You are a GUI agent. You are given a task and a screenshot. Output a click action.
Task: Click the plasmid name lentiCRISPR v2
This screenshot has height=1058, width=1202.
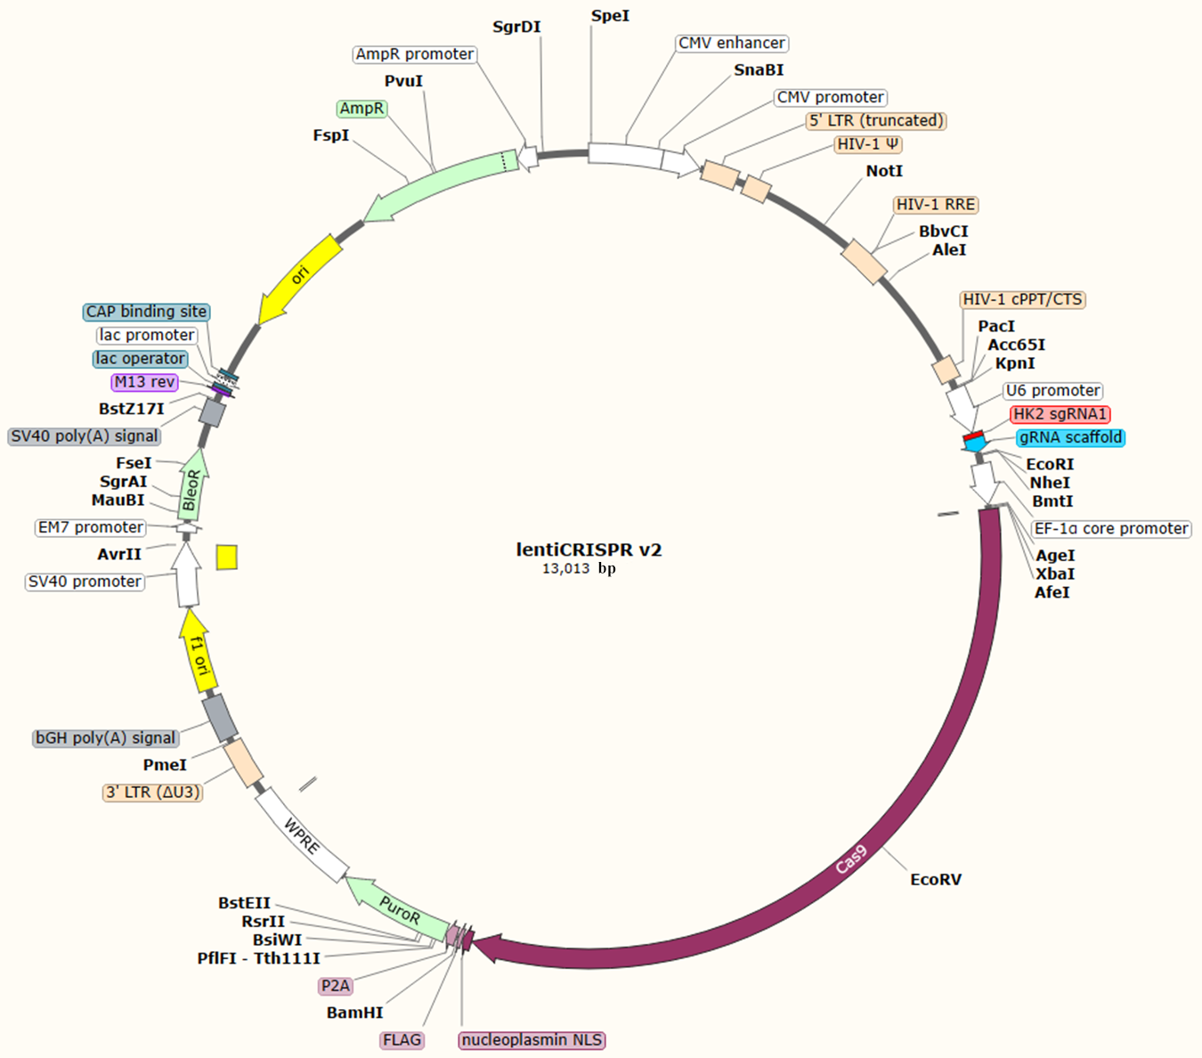[x=589, y=549]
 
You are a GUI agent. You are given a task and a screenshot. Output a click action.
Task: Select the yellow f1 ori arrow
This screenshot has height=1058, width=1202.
[x=199, y=653]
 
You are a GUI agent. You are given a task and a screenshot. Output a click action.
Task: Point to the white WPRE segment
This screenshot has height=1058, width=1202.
[x=301, y=834]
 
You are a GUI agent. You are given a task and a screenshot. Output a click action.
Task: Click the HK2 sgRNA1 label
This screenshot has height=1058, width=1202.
[x=1060, y=414]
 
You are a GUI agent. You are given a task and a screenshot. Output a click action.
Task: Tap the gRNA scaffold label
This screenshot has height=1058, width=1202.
[x=1070, y=437]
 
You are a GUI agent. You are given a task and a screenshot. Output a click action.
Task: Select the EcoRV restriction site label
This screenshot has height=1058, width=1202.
[x=935, y=880]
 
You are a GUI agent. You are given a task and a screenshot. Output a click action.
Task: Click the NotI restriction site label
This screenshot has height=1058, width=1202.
[x=884, y=171]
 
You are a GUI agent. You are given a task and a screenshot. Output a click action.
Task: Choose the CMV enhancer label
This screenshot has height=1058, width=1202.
[x=731, y=43]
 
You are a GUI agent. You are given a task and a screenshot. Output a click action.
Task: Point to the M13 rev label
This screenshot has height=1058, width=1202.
[x=144, y=382]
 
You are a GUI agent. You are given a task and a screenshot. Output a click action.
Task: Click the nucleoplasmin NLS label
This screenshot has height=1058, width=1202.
[x=532, y=1040]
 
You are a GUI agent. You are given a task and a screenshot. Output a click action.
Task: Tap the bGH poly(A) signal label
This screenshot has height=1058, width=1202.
[x=105, y=738]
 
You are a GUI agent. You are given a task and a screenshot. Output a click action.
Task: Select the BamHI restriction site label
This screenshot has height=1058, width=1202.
[x=354, y=1013]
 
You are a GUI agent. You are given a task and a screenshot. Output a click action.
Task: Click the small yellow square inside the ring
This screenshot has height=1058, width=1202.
[x=227, y=557]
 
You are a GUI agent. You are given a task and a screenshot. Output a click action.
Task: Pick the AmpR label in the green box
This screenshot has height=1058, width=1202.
[x=361, y=109]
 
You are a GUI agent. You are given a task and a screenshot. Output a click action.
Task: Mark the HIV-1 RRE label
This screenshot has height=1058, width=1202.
[x=935, y=205]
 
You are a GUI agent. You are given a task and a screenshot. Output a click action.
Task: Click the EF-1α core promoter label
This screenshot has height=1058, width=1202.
[x=1110, y=529]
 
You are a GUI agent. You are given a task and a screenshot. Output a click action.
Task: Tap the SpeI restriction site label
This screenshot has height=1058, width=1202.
[x=610, y=16]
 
